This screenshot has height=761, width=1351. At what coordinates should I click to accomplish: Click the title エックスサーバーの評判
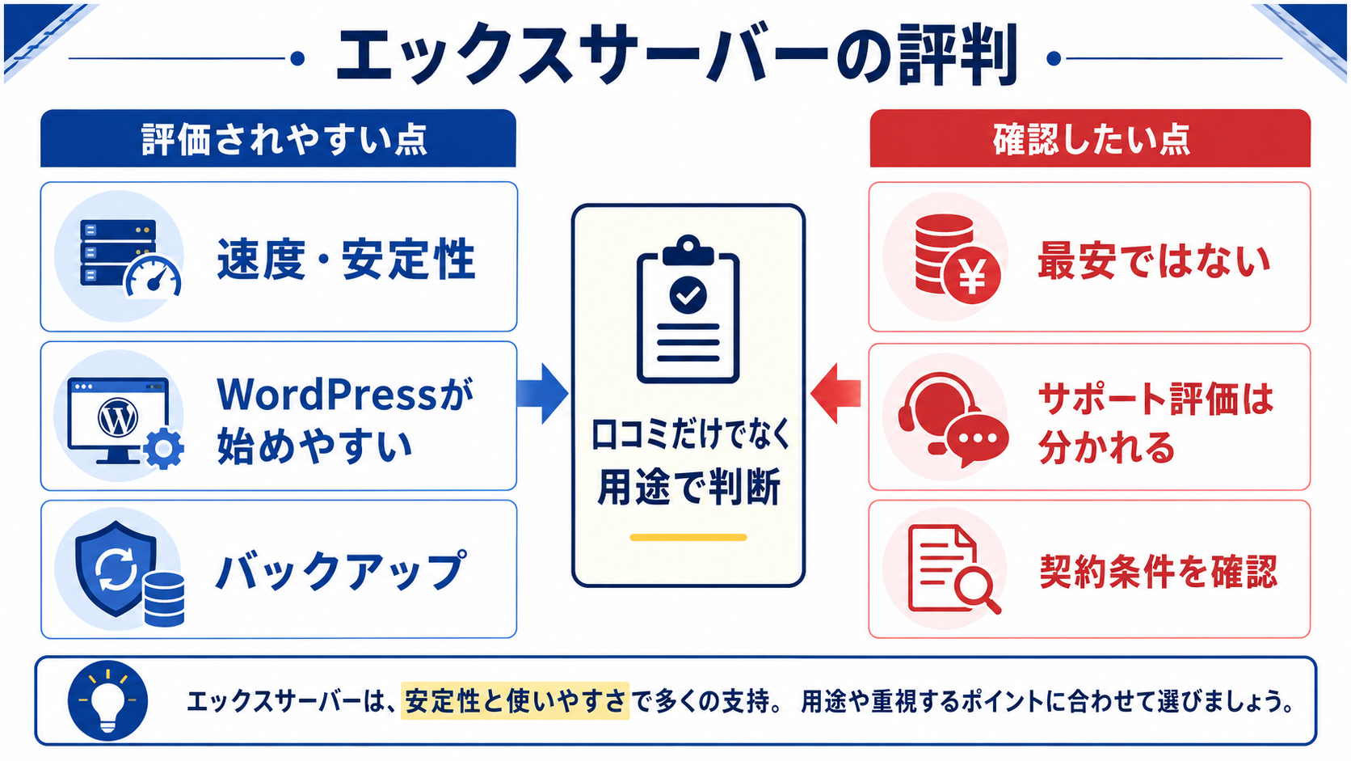tap(676, 56)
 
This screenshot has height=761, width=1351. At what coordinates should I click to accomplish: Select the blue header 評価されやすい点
tap(278, 138)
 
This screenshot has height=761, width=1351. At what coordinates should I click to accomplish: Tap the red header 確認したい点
tap(1090, 138)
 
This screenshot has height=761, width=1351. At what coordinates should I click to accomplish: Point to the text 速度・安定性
tap(346, 259)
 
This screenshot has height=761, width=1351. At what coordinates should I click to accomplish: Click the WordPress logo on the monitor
tap(118, 417)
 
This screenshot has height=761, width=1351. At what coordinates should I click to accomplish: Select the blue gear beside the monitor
tap(163, 448)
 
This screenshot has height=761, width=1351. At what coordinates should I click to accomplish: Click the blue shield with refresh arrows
tap(116, 569)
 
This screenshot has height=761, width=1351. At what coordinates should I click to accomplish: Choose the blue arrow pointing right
tap(542, 394)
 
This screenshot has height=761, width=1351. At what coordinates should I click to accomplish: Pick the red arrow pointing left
tap(835, 394)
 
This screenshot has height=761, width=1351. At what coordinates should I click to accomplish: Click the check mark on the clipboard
tap(688, 294)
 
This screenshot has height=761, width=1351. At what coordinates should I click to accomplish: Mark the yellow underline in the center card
tap(688, 537)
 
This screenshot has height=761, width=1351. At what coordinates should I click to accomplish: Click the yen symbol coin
tap(972, 277)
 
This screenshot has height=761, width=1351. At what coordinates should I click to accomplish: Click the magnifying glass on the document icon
tap(977, 587)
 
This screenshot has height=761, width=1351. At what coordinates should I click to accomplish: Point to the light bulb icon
tap(108, 700)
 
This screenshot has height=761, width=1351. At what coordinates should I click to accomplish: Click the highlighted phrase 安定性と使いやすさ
tap(515, 700)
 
